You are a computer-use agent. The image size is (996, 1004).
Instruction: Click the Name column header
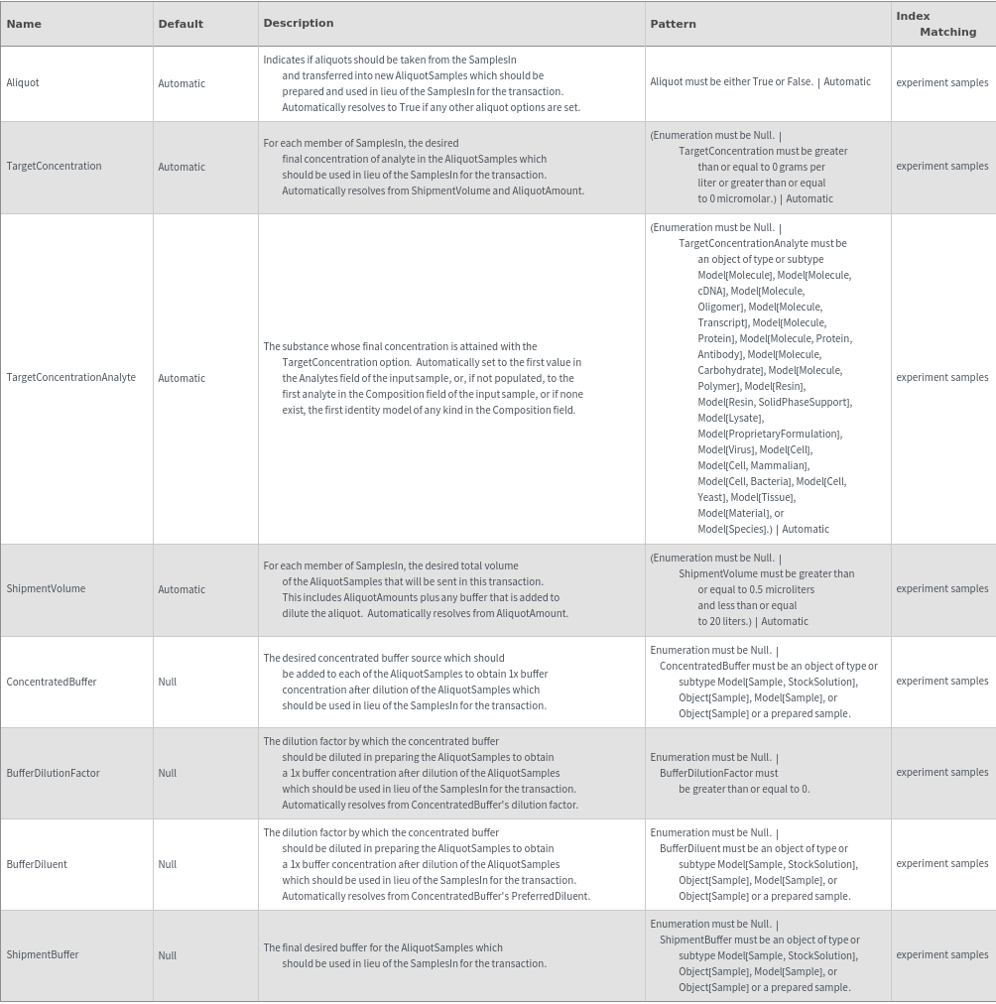point(24,24)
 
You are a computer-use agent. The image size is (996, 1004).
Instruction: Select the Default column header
point(181,24)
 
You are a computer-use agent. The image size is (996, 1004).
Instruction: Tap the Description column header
point(299,23)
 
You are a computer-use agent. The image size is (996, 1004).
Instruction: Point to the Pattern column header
point(674,24)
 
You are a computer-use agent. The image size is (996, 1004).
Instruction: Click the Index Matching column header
point(935,24)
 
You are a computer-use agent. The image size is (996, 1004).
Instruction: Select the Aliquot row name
point(23,83)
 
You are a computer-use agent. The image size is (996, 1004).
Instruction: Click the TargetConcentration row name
point(54,167)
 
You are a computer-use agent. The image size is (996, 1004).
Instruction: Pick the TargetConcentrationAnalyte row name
point(71,378)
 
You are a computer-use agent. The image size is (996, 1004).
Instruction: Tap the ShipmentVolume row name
point(46,589)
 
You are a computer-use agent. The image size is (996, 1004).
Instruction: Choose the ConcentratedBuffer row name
point(52,683)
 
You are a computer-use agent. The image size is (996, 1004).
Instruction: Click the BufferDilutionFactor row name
point(54,774)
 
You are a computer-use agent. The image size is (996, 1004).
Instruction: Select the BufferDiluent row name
point(37,865)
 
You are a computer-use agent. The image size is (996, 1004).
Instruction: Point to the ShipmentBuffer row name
point(43,955)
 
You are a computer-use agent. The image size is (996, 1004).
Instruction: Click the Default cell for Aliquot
point(182,84)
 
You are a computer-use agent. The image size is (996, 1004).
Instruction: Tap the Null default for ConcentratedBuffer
point(168,683)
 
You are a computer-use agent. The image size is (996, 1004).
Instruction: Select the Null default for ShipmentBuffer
point(168,956)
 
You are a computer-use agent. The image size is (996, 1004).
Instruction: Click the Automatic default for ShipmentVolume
point(182,590)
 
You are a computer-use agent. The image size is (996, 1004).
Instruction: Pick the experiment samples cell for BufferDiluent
point(941,864)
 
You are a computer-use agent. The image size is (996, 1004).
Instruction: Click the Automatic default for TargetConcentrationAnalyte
point(182,379)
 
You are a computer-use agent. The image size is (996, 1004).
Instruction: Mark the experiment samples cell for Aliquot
point(941,83)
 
